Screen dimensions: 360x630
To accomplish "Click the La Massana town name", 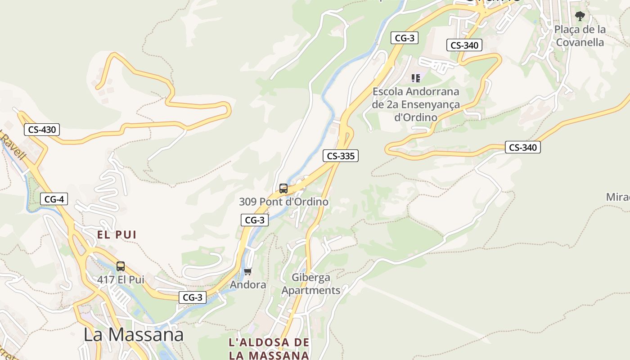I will click(134, 335).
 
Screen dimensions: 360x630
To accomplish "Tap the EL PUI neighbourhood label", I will click(117, 234).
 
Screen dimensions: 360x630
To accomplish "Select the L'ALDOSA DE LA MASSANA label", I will click(269, 348).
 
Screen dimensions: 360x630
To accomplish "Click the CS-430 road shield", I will click(42, 130).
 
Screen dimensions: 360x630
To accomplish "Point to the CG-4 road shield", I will click(54, 199).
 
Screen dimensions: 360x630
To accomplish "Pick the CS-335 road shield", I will click(341, 156).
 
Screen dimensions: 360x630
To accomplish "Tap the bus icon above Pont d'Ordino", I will click(283, 189).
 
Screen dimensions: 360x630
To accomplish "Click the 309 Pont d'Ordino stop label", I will click(283, 202).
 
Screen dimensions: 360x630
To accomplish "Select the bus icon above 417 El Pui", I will click(120, 266).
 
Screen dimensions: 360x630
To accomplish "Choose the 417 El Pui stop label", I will click(121, 279).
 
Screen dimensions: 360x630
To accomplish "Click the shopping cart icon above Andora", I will click(247, 272).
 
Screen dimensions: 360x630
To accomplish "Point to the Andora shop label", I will click(248, 285).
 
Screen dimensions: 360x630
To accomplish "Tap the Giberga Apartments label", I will click(311, 284).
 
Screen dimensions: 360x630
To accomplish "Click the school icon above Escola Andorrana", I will click(416, 78).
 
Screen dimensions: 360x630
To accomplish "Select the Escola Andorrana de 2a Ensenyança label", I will click(416, 104).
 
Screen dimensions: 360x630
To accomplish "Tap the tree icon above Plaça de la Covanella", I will click(580, 16).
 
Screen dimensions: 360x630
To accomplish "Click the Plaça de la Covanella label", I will click(580, 36).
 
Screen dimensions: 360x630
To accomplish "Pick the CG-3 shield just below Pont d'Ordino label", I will click(255, 220).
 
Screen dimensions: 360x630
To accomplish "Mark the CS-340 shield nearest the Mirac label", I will click(522, 147).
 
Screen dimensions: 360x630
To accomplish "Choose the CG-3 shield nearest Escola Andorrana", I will click(404, 38).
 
